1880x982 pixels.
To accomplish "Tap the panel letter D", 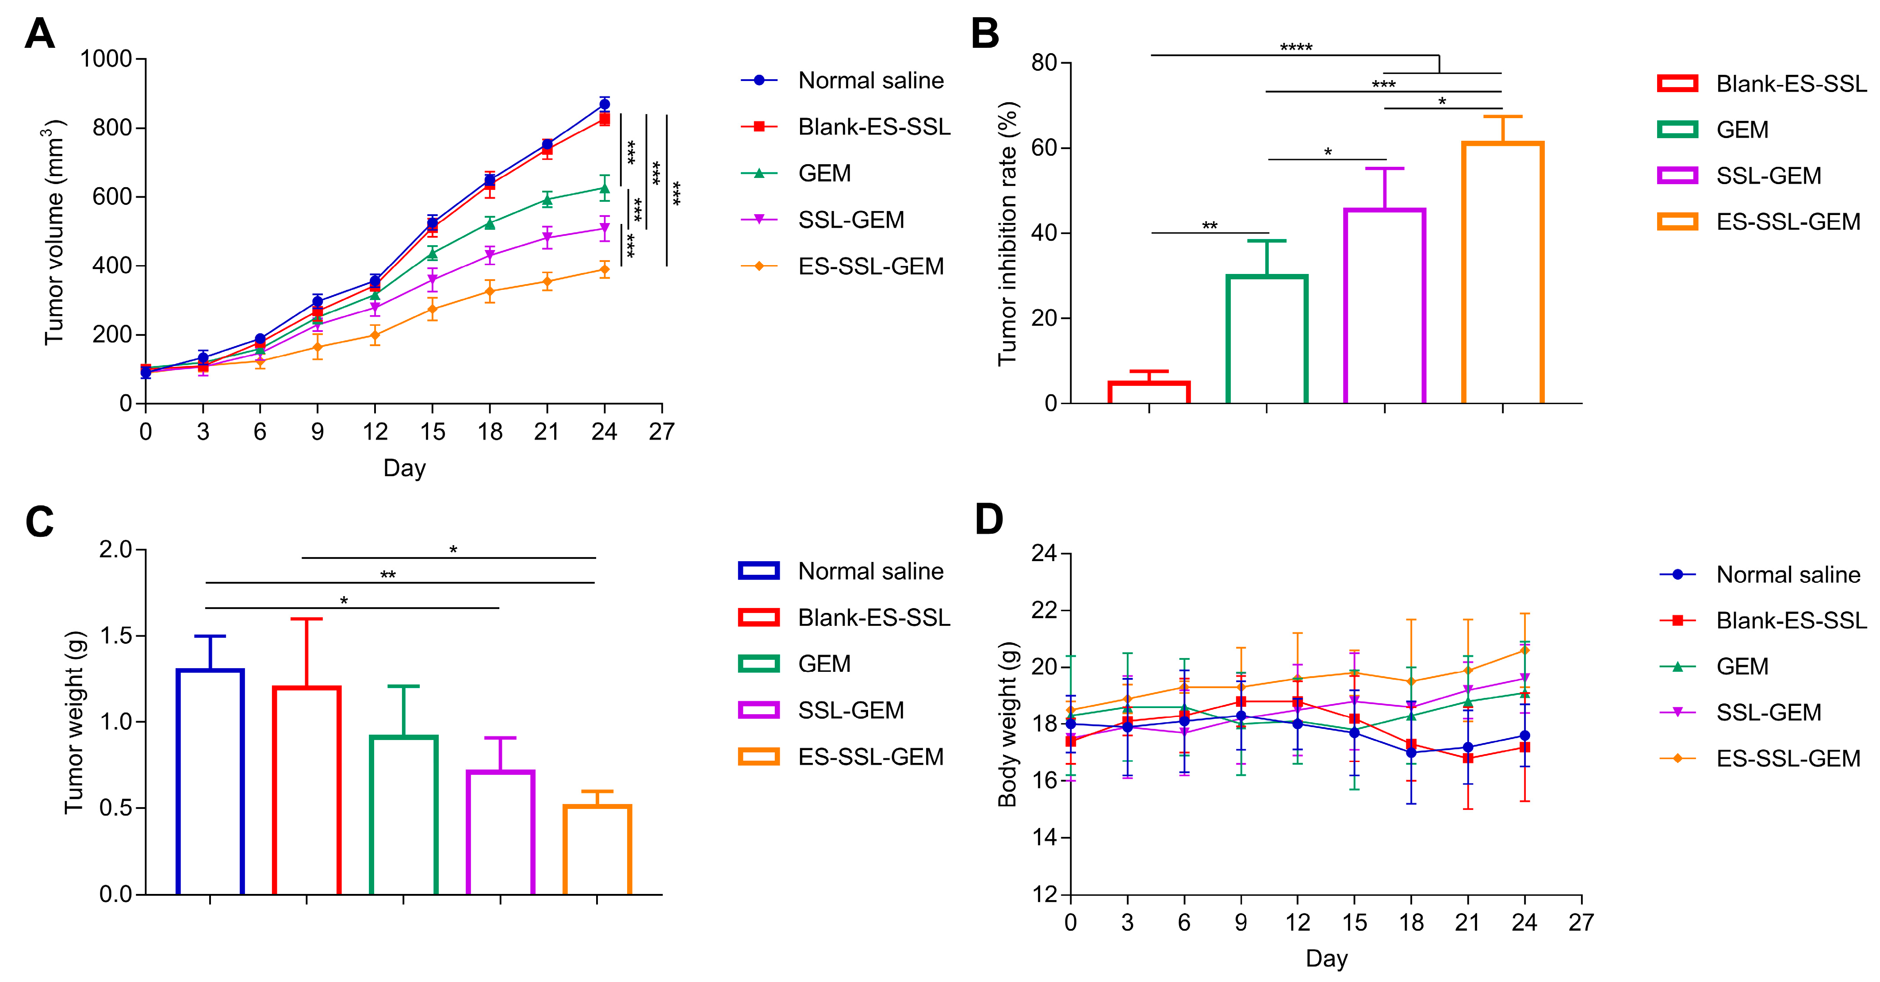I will coord(989,520).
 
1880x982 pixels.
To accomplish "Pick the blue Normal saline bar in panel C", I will coord(210,781).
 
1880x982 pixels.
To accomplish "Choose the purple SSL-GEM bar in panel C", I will coord(501,832).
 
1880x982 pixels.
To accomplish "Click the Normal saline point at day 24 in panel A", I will coord(604,104).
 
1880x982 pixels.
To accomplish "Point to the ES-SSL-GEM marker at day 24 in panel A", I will coord(604,270).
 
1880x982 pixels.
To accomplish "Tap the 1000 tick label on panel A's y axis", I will coord(106,59).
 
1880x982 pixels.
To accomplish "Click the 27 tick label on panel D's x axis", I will coord(1581,923).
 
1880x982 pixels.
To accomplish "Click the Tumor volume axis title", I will coord(55,232).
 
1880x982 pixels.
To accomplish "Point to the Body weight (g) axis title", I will coord(1008,724).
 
